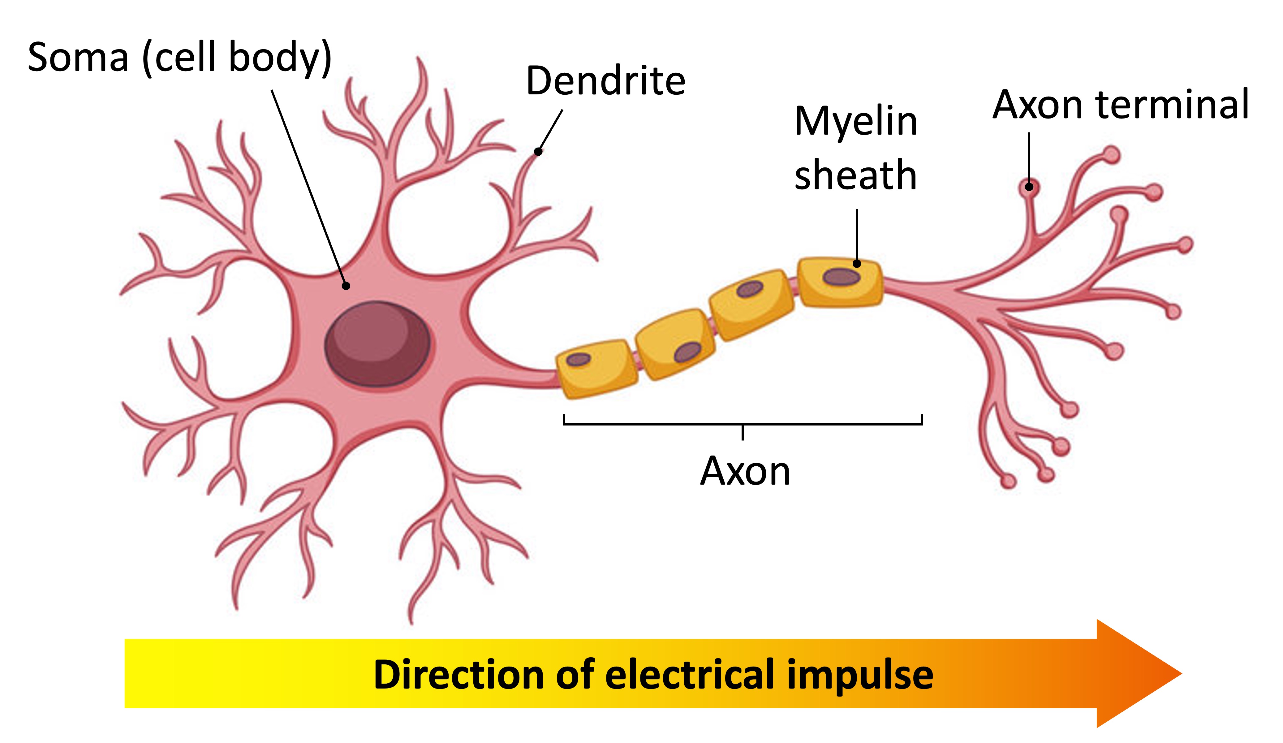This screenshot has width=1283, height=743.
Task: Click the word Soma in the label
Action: click(x=78, y=58)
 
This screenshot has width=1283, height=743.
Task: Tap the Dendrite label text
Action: click(x=605, y=81)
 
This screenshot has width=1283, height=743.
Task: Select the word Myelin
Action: click(x=856, y=122)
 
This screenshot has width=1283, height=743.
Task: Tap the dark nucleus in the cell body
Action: click(x=377, y=344)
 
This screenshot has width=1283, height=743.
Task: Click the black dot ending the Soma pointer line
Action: click(x=346, y=286)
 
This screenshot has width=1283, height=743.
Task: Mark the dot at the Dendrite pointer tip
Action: click(x=538, y=151)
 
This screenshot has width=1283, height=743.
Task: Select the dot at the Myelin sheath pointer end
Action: click(x=857, y=264)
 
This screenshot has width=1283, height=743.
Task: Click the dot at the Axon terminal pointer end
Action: click(x=1029, y=187)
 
